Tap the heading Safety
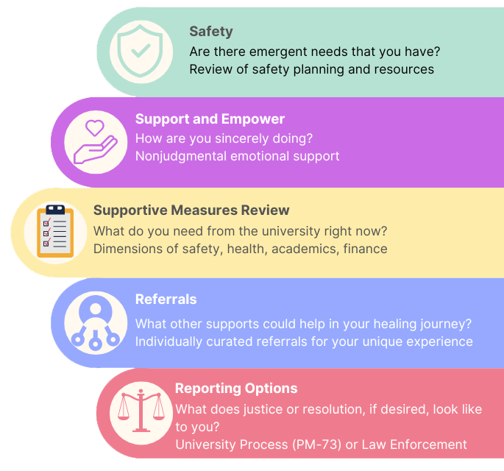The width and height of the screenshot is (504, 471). [x=211, y=32]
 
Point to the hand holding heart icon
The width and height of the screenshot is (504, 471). [x=96, y=140]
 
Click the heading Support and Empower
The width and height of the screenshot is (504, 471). [x=210, y=118]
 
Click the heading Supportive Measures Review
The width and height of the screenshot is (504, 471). [x=191, y=210]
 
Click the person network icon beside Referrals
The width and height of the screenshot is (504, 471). [x=96, y=322]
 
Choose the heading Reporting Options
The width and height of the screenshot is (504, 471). [x=236, y=389]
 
